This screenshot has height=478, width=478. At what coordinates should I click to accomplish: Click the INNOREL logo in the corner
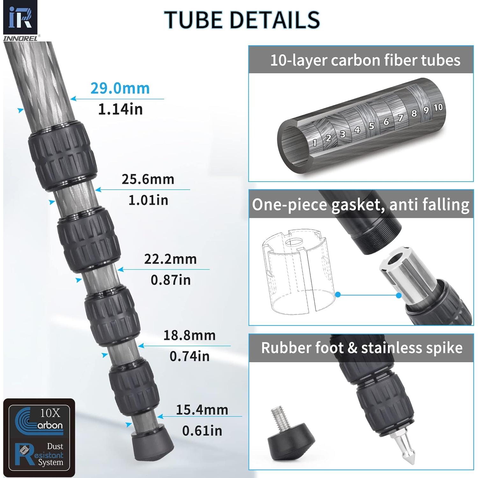20,21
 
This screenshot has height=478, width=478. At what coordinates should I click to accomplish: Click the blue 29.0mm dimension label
120,89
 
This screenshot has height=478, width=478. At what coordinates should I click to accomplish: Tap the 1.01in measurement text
148,200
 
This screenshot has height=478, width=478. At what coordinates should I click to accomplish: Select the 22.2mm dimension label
170,259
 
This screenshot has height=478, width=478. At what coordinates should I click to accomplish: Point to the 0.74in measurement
189,356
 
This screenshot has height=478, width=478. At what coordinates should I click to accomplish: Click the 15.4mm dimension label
202,410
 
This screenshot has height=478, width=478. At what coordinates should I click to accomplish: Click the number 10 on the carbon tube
438,107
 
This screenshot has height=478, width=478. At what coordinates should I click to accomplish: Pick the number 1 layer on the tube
315,142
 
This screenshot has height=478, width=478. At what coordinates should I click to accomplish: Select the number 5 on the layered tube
372,126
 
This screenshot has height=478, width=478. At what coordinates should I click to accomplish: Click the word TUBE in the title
193,20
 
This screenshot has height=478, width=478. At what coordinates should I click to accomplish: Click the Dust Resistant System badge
40,454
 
